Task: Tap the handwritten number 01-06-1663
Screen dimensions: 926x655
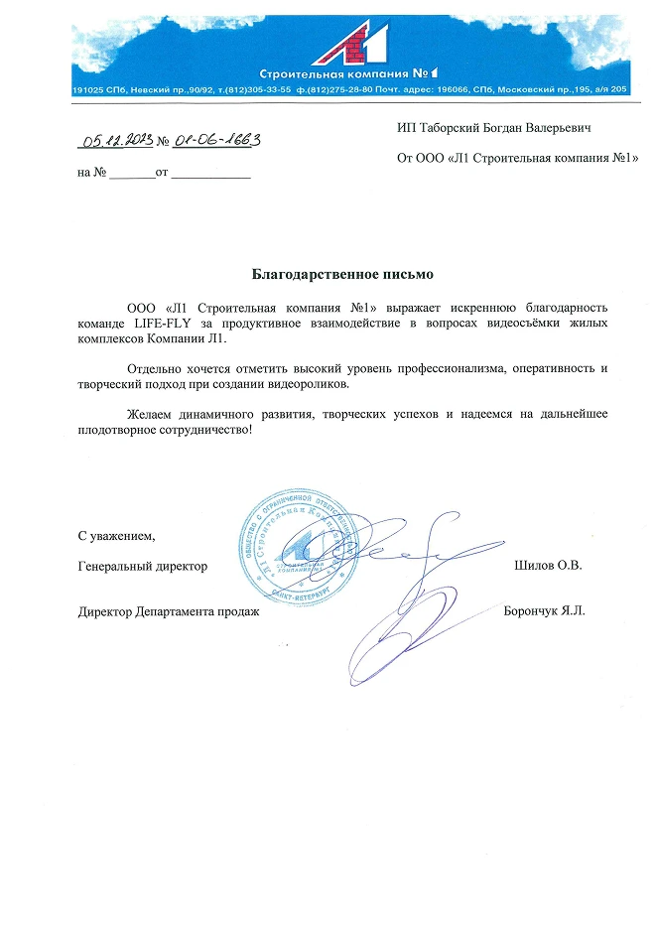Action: (x=217, y=141)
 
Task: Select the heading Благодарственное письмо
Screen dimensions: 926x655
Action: (x=342, y=272)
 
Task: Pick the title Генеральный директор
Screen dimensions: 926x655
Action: (x=143, y=566)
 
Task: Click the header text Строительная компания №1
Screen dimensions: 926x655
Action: (x=348, y=73)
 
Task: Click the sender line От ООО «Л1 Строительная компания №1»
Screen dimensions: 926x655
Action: (x=517, y=157)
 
